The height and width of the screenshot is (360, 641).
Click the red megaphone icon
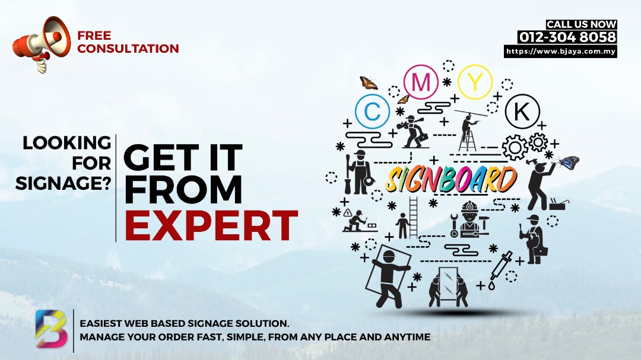pos(41,44)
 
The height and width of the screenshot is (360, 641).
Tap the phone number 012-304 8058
pos(567,37)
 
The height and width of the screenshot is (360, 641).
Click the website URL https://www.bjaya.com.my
pos(560,52)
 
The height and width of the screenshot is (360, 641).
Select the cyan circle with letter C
pos(372,111)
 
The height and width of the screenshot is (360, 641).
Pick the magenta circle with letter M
pos(421,82)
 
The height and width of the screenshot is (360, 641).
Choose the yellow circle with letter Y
pos(475,82)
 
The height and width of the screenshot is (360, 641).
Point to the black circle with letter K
pos(522,111)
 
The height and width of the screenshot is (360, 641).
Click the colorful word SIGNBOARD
pos(451,179)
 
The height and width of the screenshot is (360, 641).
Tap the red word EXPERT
pos(211,225)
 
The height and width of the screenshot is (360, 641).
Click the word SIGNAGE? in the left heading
pos(64,183)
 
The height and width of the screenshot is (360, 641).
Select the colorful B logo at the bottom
pos(51,329)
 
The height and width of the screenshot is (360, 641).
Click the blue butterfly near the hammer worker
pos(569,163)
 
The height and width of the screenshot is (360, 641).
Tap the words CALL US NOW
pos(581,24)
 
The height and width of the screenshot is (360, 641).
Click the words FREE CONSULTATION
pos(128,42)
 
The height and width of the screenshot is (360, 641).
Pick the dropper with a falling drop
pos(500,269)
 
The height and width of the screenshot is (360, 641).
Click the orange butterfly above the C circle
pos(369,82)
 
